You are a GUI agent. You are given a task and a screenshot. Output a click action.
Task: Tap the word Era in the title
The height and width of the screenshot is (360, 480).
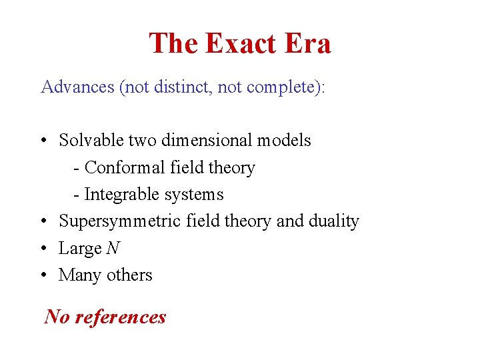click(x=309, y=43)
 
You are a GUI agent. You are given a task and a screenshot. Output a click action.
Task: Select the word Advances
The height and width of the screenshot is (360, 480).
click(x=77, y=87)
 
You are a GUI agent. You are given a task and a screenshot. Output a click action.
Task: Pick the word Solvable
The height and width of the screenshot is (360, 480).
click(x=91, y=141)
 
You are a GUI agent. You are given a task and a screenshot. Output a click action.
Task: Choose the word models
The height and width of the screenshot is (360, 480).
click(x=285, y=141)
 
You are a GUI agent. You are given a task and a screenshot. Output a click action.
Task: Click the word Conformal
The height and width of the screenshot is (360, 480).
click(x=125, y=167)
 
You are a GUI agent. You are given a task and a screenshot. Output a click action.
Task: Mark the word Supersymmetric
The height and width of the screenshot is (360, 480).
click(x=120, y=221)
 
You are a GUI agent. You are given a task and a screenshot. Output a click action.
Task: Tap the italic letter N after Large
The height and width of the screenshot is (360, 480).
click(x=113, y=248)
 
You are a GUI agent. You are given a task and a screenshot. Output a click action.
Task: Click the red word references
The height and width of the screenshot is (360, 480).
click(x=121, y=316)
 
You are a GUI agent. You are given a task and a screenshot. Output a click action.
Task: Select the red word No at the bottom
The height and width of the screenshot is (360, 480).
click(x=57, y=316)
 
